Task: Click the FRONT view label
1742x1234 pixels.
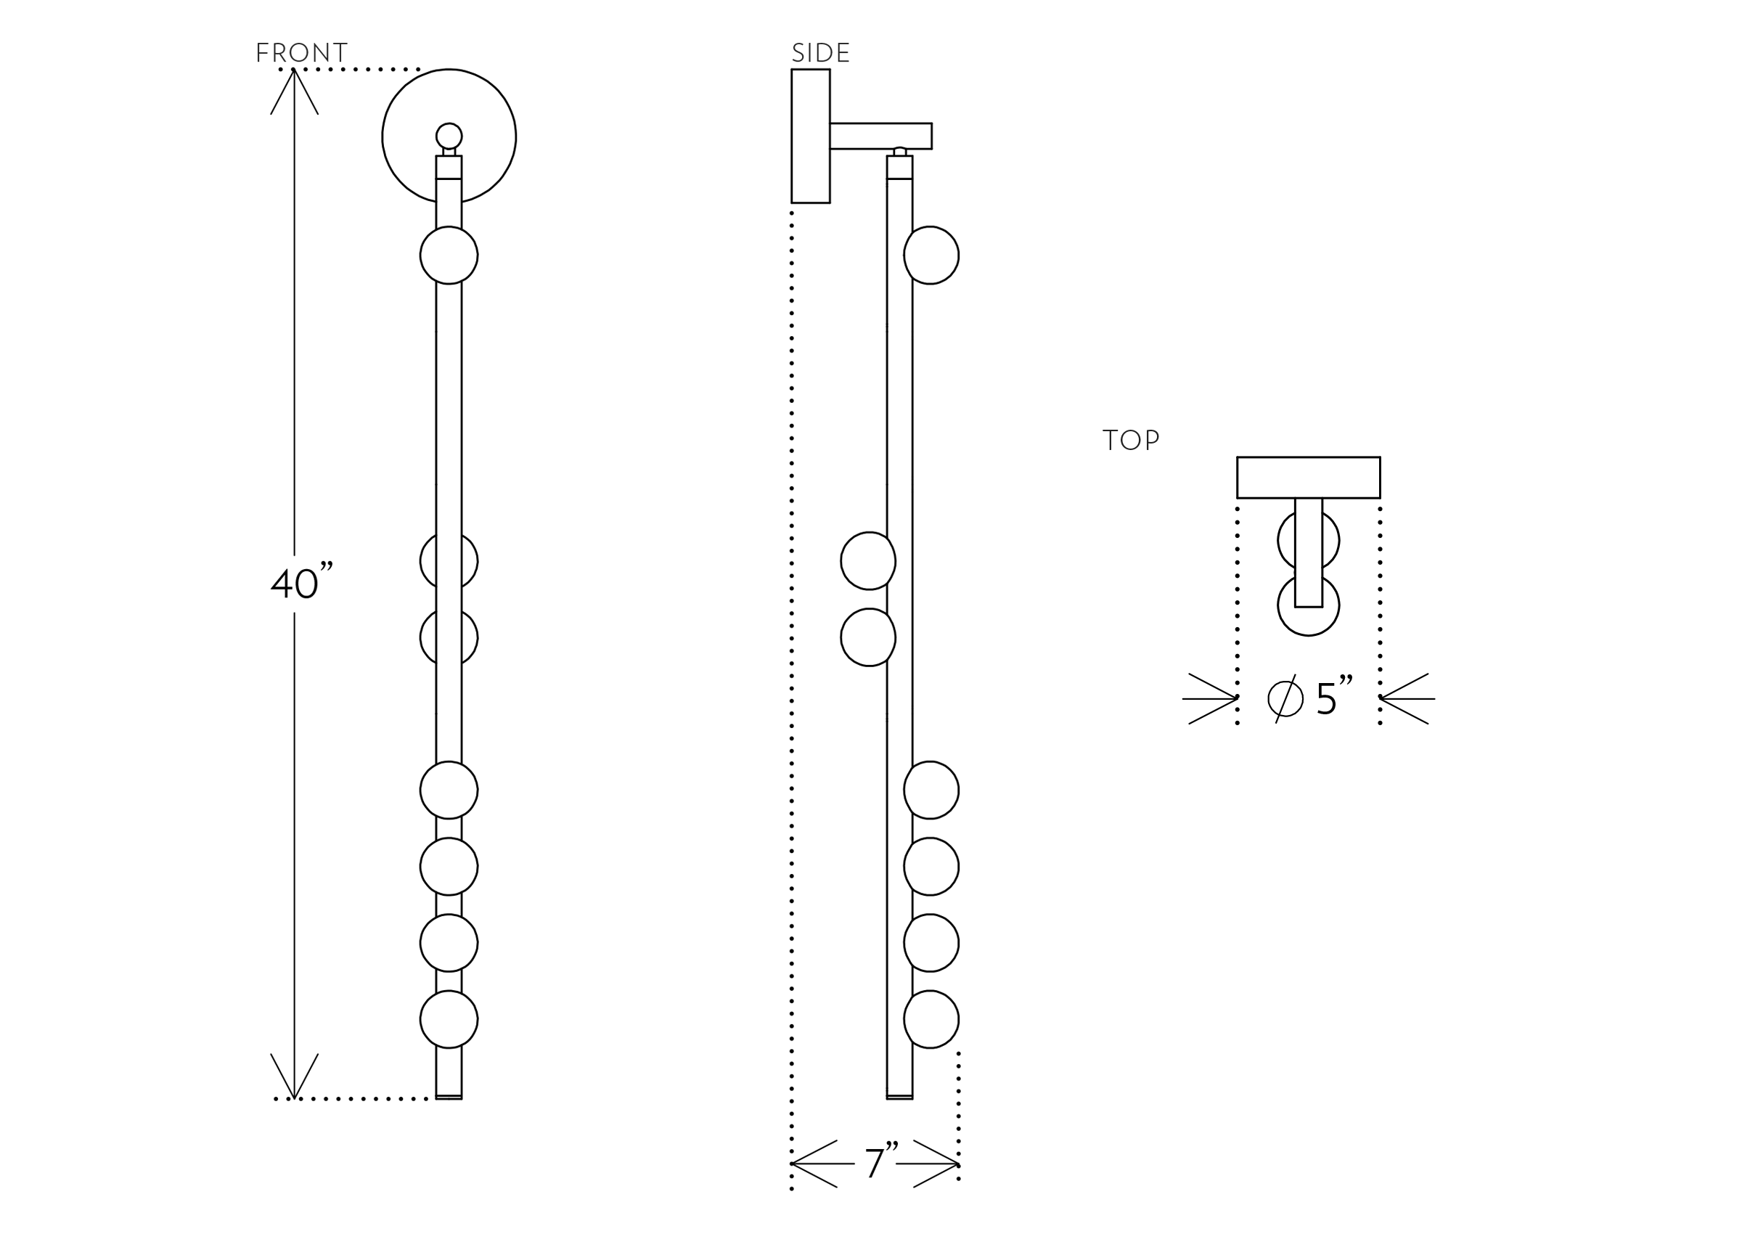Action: tap(302, 53)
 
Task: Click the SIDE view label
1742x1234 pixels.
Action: tap(820, 53)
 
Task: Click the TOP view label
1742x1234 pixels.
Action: tap(1130, 440)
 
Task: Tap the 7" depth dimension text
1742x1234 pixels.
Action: tap(880, 1162)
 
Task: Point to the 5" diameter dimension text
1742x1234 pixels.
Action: tap(1333, 697)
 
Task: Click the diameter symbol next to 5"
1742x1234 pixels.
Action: tap(1285, 698)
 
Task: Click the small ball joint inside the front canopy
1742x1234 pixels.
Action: tap(449, 136)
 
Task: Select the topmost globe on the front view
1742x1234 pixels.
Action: tap(449, 256)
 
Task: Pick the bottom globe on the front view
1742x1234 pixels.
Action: tap(449, 1019)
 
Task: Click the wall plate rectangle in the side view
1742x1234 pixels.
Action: tap(811, 136)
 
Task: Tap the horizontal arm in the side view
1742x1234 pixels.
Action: tap(880, 136)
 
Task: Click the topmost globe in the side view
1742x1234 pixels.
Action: tap(932, 256)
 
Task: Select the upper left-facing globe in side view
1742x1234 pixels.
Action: tap(867, 561)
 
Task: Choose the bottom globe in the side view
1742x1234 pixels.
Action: tap(932, 1019)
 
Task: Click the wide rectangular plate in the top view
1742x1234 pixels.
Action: tap(1308, 477)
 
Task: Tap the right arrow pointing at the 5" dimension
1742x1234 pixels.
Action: tap(1405, 698)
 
